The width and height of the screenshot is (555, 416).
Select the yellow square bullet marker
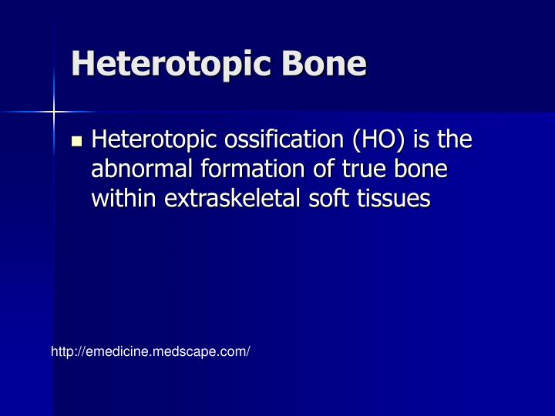click(x=76, y=141)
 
